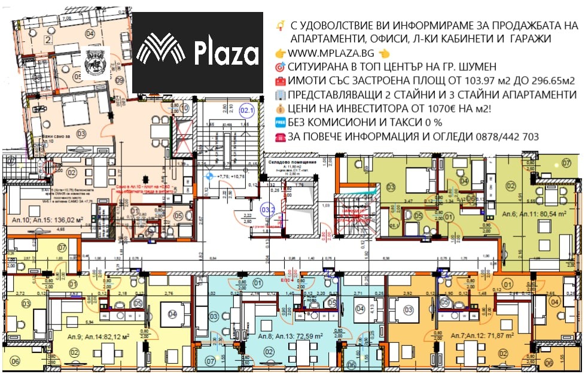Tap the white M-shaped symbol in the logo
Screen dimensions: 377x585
(160, 51)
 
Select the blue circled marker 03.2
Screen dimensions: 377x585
(269, 210)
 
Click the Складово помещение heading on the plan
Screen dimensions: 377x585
(288, 162)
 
